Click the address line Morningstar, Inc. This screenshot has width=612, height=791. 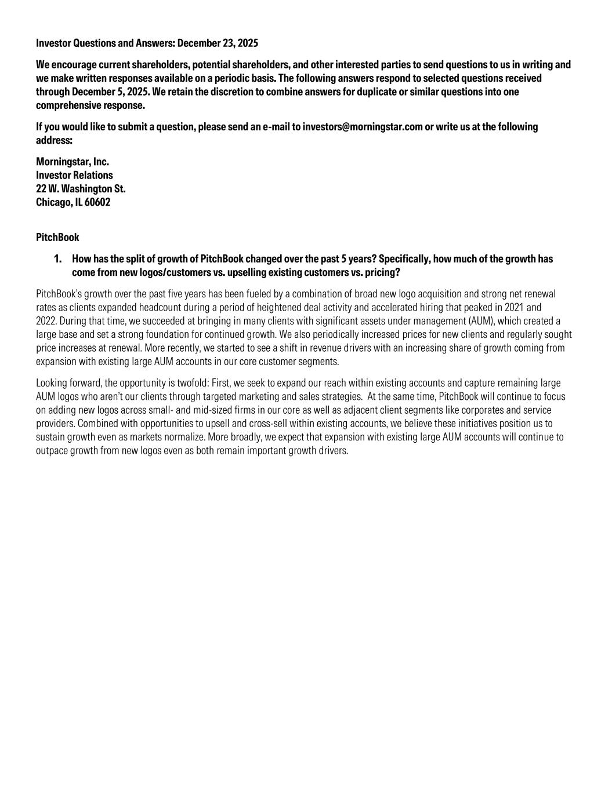tap(73, 162)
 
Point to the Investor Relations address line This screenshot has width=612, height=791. tap(74, 175)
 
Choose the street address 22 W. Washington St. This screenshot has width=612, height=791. tap(81, 189)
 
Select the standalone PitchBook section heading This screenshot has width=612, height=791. tap(57, 238)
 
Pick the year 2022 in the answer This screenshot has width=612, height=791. tap(46, 321)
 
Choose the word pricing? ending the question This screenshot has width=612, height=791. tap(383, 272)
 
